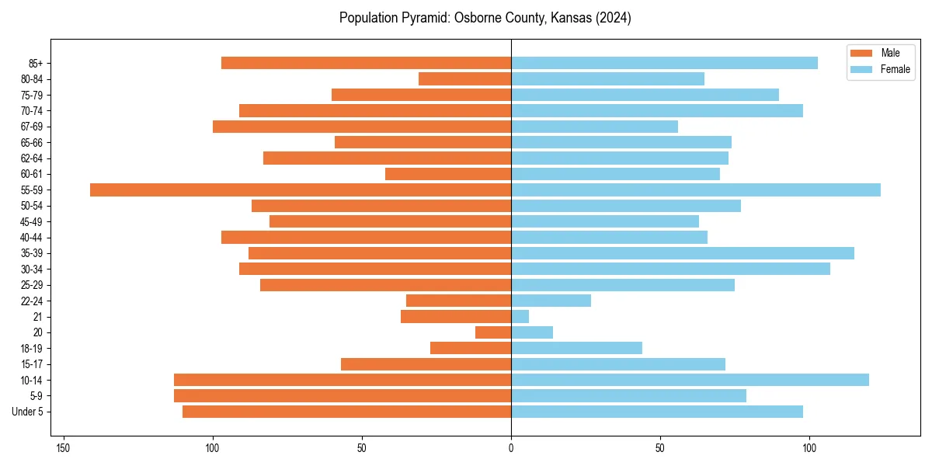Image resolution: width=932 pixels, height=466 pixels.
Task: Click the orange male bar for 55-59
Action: (x=301, y=190)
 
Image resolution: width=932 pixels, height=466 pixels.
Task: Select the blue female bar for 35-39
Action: (x=683, y=253)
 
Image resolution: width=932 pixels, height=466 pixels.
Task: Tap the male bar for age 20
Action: (x=493, y=332)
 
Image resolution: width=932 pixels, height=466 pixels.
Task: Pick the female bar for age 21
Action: (x=520, y=316)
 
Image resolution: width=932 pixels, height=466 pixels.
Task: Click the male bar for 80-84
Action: (x=464, y=78)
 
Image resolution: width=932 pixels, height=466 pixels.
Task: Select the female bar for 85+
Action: (x=664, y=63)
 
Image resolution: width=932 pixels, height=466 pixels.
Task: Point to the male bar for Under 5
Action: (x=346, y=412)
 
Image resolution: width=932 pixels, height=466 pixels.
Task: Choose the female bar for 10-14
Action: (x=690, y=380)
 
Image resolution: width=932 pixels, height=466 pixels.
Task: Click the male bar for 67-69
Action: (x=362, y=127)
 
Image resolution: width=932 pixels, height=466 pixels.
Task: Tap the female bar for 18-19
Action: (x=576, y=348)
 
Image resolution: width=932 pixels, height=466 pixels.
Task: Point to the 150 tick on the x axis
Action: (x=64, y=448)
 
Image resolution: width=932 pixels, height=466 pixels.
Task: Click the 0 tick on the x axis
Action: (x=511, y=448)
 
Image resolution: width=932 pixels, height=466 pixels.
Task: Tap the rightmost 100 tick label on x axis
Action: (x=809, y=448)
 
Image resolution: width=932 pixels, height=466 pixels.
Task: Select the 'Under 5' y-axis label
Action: (x=28, y=412)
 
